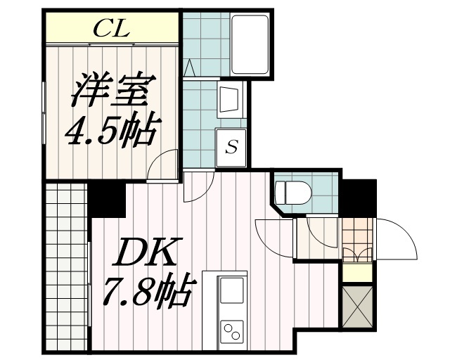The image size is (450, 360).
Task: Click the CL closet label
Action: [112, 29]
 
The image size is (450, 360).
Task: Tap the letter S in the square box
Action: [231, 148]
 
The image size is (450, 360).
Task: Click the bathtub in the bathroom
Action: [250, 44]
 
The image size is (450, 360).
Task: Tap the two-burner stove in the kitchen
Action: [232, 328]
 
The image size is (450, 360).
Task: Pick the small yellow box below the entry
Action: [356, 272]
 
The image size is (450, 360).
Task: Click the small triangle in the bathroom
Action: [188, 68]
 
